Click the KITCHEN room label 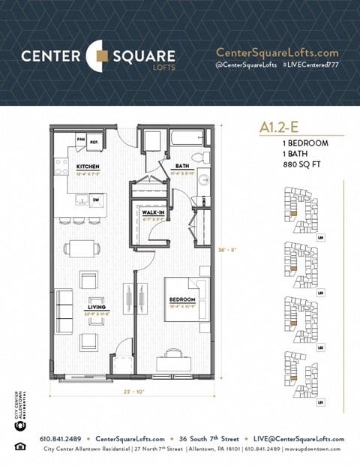coord(88,166)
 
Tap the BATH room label coord(182,166)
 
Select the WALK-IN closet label coord(154,213)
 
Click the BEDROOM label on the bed coord(181,299)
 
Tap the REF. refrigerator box coord(95,140)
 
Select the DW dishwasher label coord(95,199)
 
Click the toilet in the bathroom coord(199,158)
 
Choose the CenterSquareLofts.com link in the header coord(277,53)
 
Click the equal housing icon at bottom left coord(19,448)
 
